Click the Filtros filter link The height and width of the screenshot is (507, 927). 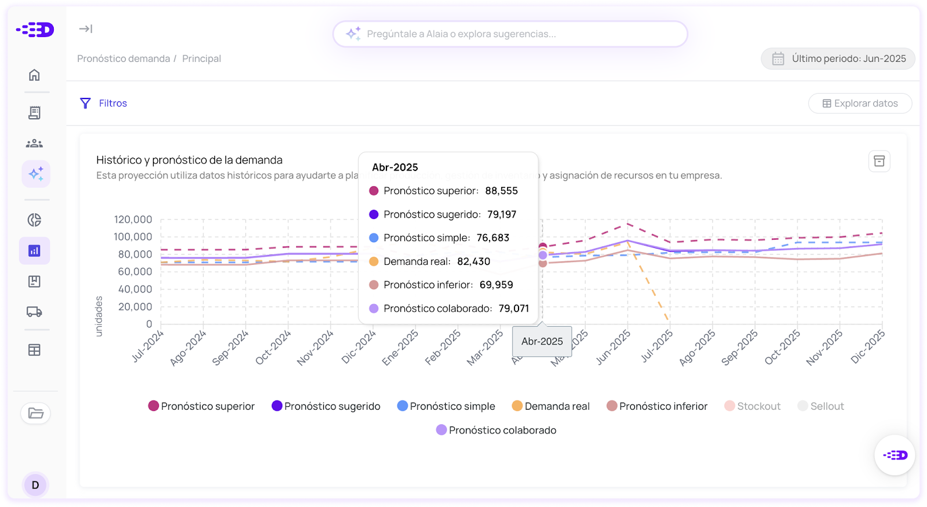[x=104, y=103]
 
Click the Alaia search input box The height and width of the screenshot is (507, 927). [x=510, y=34]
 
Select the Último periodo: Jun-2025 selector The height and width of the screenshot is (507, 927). [x=838, y=59]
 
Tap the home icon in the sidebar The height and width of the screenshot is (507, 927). [x=35, y=75]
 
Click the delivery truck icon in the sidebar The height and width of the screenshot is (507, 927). [x=35, y=312]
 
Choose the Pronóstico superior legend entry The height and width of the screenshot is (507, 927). [x=202, y=406]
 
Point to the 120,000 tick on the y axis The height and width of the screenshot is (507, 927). [x=133, y=220]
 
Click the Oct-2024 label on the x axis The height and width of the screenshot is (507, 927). [x=273, y=348]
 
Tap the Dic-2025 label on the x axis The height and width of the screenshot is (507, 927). [x=867, y=347]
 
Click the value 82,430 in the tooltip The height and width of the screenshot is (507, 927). [x=473, y=261]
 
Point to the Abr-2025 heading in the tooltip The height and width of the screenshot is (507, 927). [x=395, y=167]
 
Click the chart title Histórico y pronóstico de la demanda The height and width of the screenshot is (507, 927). [x=189, y=160]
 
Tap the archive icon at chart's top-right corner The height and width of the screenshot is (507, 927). [x=879, y=161]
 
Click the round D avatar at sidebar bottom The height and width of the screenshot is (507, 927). [x=35, y=485]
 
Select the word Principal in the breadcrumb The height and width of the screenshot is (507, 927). [x=202, y=59]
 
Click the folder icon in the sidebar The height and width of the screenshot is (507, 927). [x=36, y=413]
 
